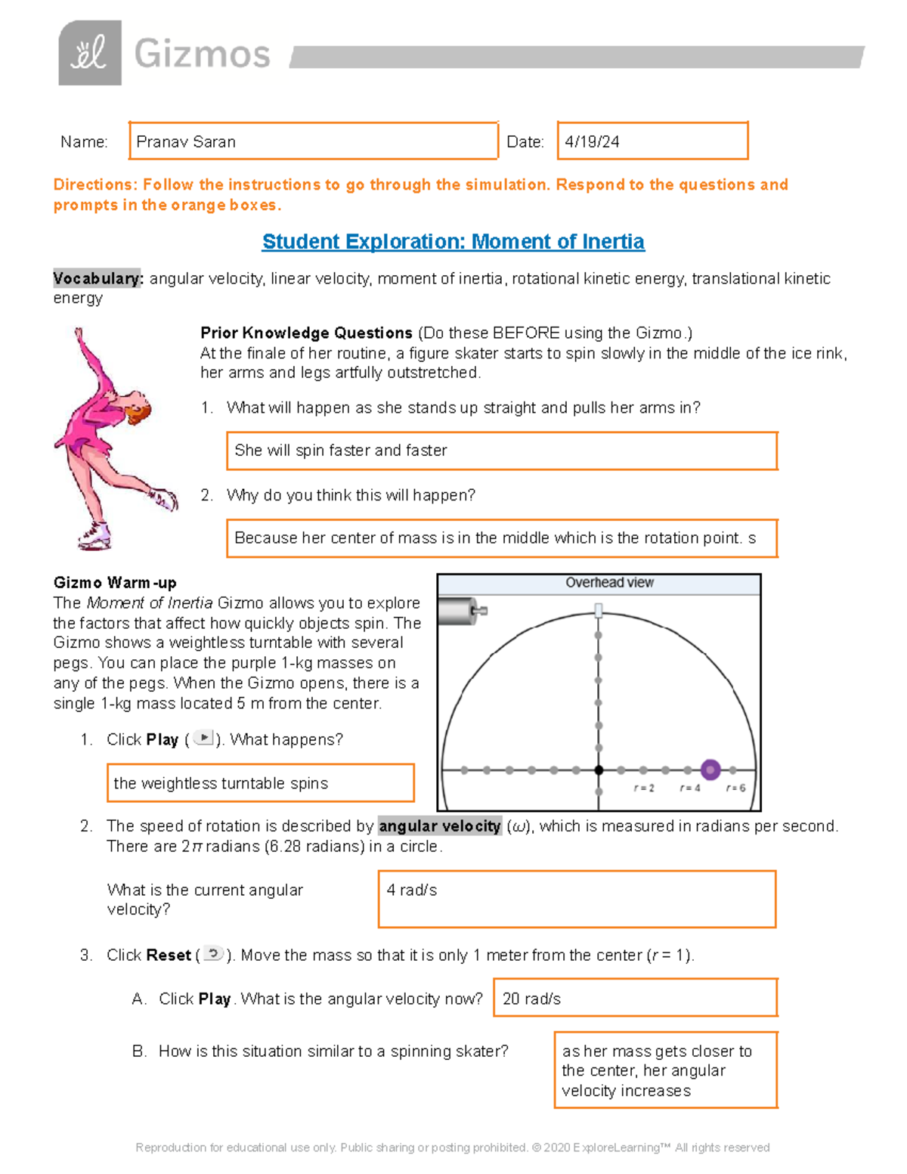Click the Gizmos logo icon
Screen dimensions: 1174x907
[x=90, y=53]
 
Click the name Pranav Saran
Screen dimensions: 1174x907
[x=186, y=142]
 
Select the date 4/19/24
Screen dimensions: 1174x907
[x=592, y=142]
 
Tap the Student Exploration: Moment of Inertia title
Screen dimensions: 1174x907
[x=453, y=242]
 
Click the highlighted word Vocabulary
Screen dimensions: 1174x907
[x=97, y=279]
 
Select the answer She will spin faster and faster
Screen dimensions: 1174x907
[x=341, y=451]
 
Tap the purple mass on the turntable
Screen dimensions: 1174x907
[x=710, y=770]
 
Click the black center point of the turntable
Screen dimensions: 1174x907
[x=599, y=770]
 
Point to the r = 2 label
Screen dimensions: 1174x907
[x=644, y=788]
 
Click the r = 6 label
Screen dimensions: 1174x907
[x=735, y=788]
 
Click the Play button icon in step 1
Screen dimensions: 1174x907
[x=203, y=738]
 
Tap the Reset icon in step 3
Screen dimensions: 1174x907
[x=214, y=953]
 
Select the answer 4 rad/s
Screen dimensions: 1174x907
[x=412, y=891]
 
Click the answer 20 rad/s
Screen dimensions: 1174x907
[x=531, y=999]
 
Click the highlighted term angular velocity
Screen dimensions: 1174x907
[x=440, y=826]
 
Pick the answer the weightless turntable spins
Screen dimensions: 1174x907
[x=221, y=784]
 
